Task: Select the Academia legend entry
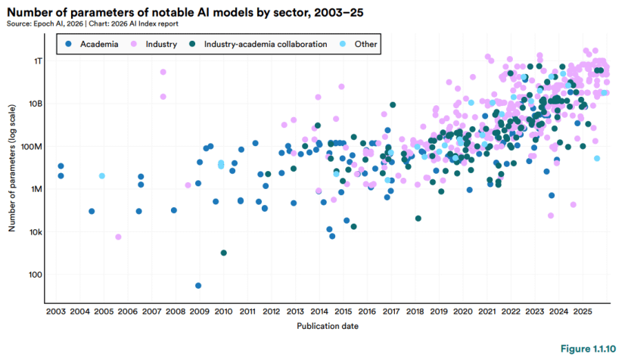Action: point(94,45)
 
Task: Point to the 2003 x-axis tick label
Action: point(55,311)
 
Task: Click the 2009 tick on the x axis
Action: point(199,311)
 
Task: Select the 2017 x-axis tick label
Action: point(390,311)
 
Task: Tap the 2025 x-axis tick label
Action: point(582,311)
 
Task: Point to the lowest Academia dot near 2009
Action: point(198,286)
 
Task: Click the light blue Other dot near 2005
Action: point(102,175)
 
